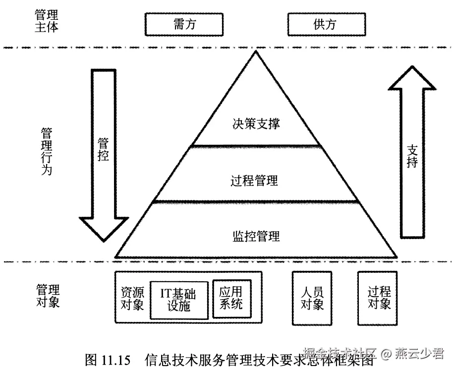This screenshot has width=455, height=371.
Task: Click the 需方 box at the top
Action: pyautogui.click(x=184, y=24)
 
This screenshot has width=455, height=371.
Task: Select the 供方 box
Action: pyautogui.click(x=327, y=24)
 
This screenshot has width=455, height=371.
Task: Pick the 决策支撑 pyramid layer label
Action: pyautogui.click(x=256, y=124)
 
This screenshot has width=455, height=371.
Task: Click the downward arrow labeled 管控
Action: pyautogui.click(x=104, y=149)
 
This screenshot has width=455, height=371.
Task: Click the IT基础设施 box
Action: pyautogui.click(x=178, y=300)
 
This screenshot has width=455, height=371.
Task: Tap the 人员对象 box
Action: pyautogui.click(x=312, y=298)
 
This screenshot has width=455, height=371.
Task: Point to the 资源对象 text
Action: pyautogui.click(x=132, y=298)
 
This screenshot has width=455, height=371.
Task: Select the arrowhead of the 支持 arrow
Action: pyautogui.click(x=412, y=79)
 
